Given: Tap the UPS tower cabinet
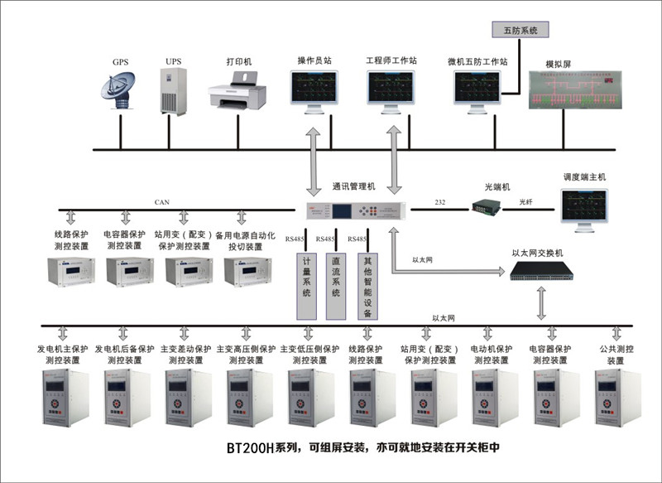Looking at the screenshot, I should (173, 91).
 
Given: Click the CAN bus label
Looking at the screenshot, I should (161, 201).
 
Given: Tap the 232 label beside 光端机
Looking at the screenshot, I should (439, 201).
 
